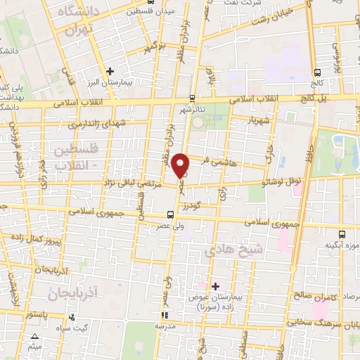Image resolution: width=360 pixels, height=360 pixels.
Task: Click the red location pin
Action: (181, 165)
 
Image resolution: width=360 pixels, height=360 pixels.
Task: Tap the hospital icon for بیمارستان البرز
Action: (110, 71)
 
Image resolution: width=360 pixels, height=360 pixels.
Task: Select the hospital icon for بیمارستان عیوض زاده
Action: (215, 285)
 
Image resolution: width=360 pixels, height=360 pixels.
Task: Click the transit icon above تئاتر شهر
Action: (193, 99)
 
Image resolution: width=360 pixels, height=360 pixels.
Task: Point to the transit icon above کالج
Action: (318, 72)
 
